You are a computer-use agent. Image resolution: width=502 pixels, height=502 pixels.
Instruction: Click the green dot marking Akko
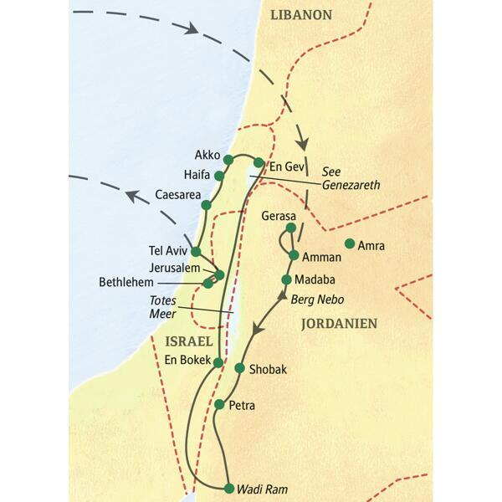pyautogui.click(x=228, y=159)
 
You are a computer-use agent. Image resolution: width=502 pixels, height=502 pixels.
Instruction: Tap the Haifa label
pyautogui.click(x=197, y=175)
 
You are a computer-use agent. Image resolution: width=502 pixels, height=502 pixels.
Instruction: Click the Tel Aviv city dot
pyautogui.click(x=196, y=251)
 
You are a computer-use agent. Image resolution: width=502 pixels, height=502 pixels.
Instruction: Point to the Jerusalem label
pyautogui.click(x=178, y=268)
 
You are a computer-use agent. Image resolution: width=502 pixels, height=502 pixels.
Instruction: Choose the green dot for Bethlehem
pyautogui.click(x=207, y=284)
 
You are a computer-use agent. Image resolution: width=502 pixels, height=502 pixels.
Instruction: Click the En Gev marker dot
pyautogui.click(x=259, y=162)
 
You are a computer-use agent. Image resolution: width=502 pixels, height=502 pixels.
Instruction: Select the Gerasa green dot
pyautogui.click(x=290, y=228)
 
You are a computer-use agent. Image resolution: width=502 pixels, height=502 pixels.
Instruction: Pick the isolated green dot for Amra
pyautogui.click(x=350, y=244)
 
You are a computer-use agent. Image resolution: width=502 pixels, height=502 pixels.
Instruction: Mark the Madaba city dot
pyautogui.click(x=287, y=279)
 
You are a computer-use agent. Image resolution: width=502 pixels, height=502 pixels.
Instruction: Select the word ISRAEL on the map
pyautogui.click(x=190, y=341)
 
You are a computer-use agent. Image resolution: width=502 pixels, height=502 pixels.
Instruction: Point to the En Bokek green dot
pyautogui.click(x=218, y=362)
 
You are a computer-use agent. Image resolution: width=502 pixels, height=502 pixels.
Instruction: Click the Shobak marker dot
pyautogui.click(x=239, y=368)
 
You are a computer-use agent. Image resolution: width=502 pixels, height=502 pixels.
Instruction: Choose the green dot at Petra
pyautogui.click(x=219, y=405)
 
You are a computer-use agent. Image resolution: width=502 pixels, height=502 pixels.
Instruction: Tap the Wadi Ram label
pyautogui.click(x=259, y=489)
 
